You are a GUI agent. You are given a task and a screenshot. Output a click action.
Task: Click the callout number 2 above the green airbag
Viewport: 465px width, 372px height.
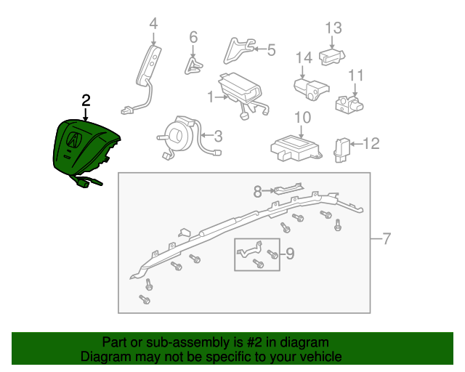(x=86, y=100)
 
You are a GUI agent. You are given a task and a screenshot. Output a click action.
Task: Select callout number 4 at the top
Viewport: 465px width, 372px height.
(x=153, y=24)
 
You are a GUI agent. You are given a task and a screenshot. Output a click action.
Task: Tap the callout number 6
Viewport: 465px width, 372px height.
(x=193, y=36)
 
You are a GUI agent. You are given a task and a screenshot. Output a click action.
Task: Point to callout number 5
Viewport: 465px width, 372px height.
(x=271, y=49)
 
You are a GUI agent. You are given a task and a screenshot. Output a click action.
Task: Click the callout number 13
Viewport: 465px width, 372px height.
(x=333, y=28)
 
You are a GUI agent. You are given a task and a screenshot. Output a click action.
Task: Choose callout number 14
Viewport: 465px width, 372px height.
(x=304, y=57)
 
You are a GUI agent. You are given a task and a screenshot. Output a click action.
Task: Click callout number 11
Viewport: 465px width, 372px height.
(x=355, y=76)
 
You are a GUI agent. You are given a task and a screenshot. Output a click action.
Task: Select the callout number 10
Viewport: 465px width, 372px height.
(x=302, y=118)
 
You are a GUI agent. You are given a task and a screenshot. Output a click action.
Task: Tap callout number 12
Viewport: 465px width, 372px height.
(x=371, y=144)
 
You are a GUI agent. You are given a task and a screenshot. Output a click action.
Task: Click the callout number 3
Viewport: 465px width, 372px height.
(x=217, y=135)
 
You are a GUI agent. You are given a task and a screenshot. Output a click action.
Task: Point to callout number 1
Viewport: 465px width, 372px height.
(x=211, y=97)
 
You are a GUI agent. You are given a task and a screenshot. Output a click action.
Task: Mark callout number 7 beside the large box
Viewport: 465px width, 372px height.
(x=387, y=238)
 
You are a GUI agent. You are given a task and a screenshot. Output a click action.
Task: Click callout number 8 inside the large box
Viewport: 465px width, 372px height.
(x=256, y=192)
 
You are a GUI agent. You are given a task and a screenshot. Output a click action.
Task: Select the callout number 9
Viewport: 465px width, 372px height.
(x=289, y=254)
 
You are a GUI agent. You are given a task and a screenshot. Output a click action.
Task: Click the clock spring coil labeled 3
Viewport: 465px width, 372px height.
(x=177, y=135)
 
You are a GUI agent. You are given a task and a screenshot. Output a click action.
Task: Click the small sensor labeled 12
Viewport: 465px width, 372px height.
(x=341, y=147)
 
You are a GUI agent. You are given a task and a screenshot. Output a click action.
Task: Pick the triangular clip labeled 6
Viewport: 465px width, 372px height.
(x=193, y=65)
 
